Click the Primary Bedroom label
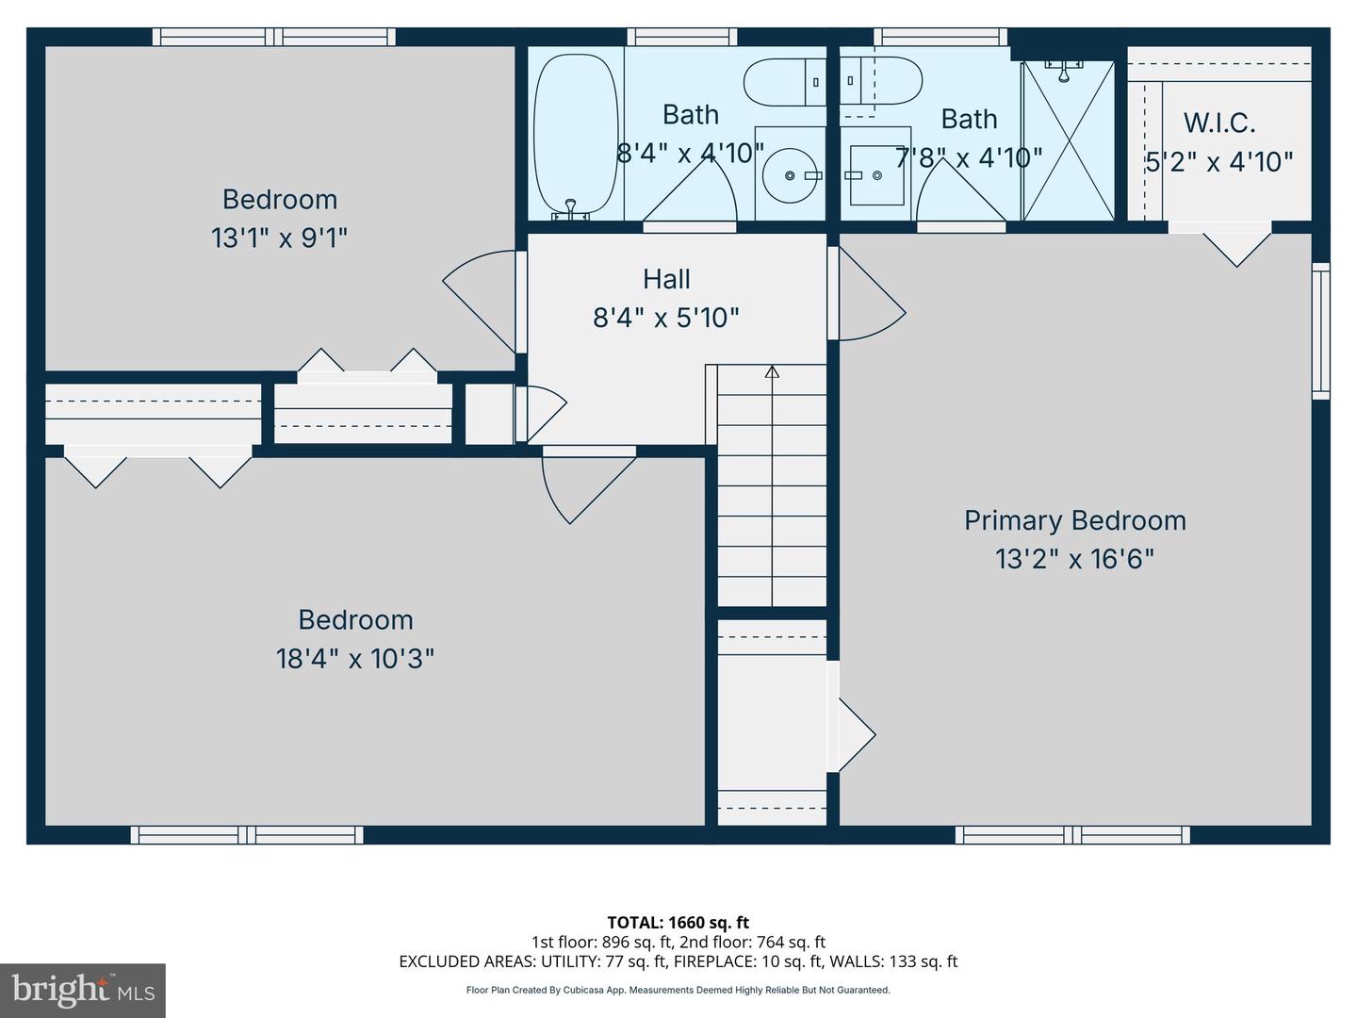1074,520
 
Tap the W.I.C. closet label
1218,123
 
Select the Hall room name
666,279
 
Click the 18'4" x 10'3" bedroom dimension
354,658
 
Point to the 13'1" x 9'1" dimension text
279,238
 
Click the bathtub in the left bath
574,134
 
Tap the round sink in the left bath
790,176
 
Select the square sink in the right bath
875,175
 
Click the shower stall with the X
1068,141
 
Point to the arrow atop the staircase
772,371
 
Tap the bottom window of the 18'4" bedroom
247,834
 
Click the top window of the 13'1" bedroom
274,37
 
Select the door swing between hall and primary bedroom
869,296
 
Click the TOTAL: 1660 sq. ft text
678,922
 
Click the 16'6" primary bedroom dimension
1123,560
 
